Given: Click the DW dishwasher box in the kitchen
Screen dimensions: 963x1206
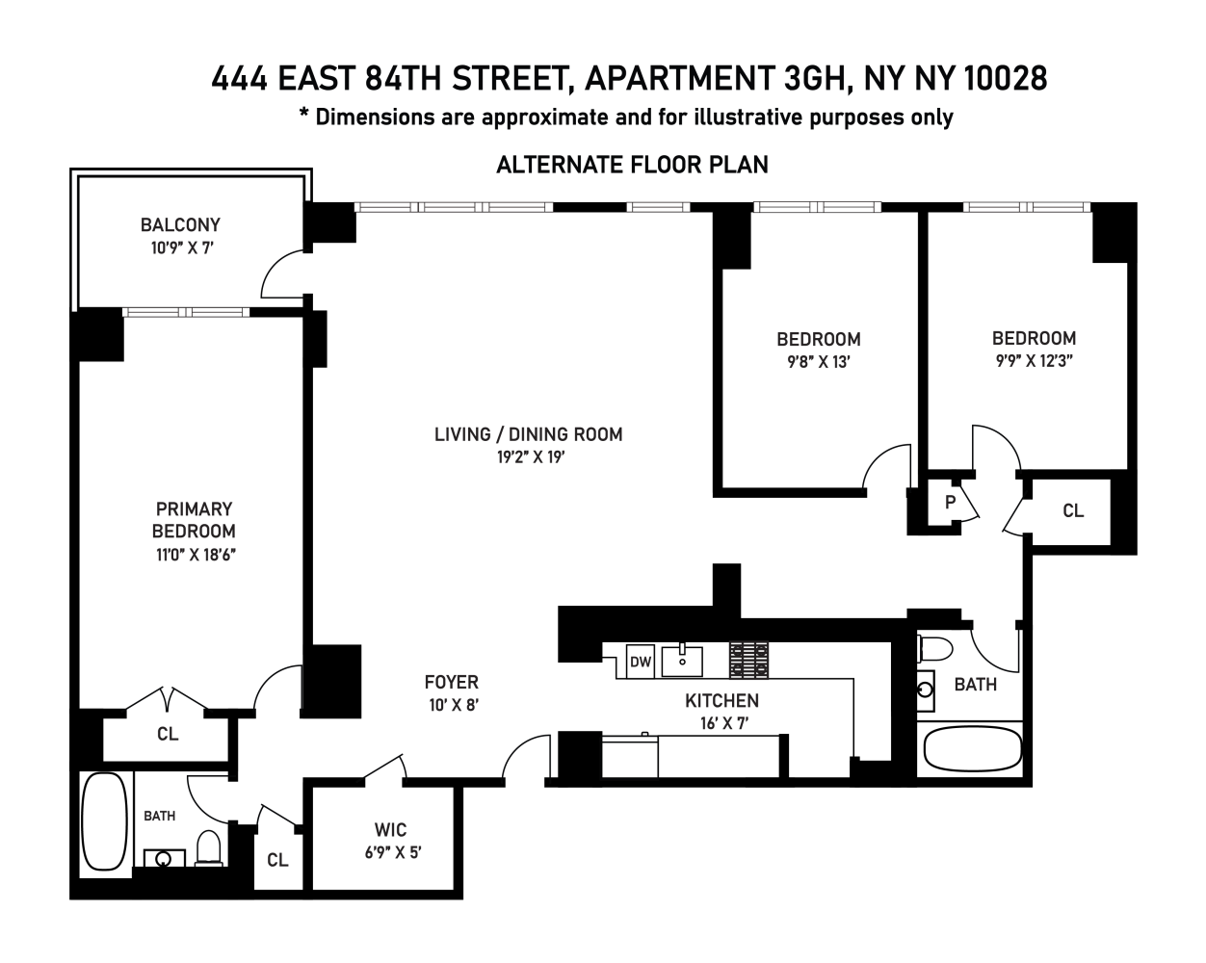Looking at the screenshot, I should (x=640, y=662).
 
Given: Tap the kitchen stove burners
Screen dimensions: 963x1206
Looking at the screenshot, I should (x=748, y=660).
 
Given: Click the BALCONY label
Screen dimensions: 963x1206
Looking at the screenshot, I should (x=180, y=224).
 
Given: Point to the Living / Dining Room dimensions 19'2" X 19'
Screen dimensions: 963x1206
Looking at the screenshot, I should (x=530, y=457).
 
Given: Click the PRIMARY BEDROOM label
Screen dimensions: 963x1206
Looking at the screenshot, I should (x=194, y=519).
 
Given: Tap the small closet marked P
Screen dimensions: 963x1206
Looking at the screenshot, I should (x=950, y=502).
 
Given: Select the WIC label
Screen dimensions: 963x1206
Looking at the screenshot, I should (x=390, y=829).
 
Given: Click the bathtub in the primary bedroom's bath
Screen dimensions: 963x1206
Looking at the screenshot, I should (x=104, y=822).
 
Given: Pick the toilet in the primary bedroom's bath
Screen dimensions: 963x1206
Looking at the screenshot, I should (x=209, y=847).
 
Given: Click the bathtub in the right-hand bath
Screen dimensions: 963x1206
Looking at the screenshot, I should (x=972, y=748).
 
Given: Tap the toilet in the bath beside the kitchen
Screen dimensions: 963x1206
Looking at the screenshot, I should (x=934, y=646).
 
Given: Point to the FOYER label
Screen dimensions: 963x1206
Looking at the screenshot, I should (x=451, y=682).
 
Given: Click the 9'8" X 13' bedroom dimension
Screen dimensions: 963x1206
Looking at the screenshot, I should (x=817, y=362).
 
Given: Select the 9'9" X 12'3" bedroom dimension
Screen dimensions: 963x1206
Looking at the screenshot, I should (x=1035, y=361).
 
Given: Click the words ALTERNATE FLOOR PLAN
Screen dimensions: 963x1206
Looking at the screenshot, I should (x=632, y=165).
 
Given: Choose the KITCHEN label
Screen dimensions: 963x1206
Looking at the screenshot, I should (x=721, y=700).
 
